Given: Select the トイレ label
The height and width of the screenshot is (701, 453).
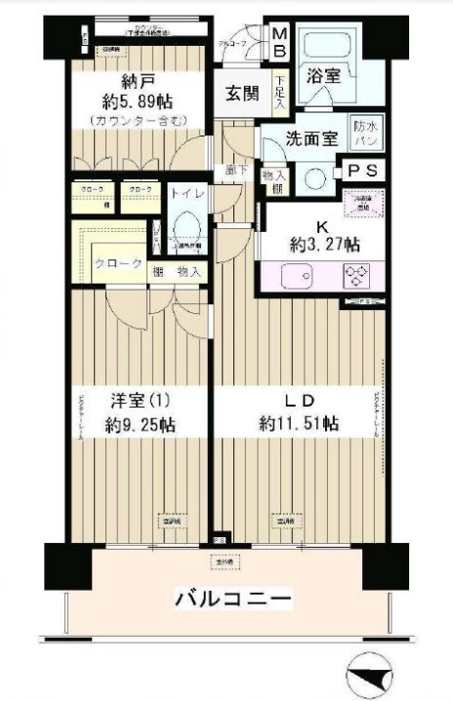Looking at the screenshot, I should (187, 193).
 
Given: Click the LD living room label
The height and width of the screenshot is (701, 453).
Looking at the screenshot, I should (298, 401).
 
